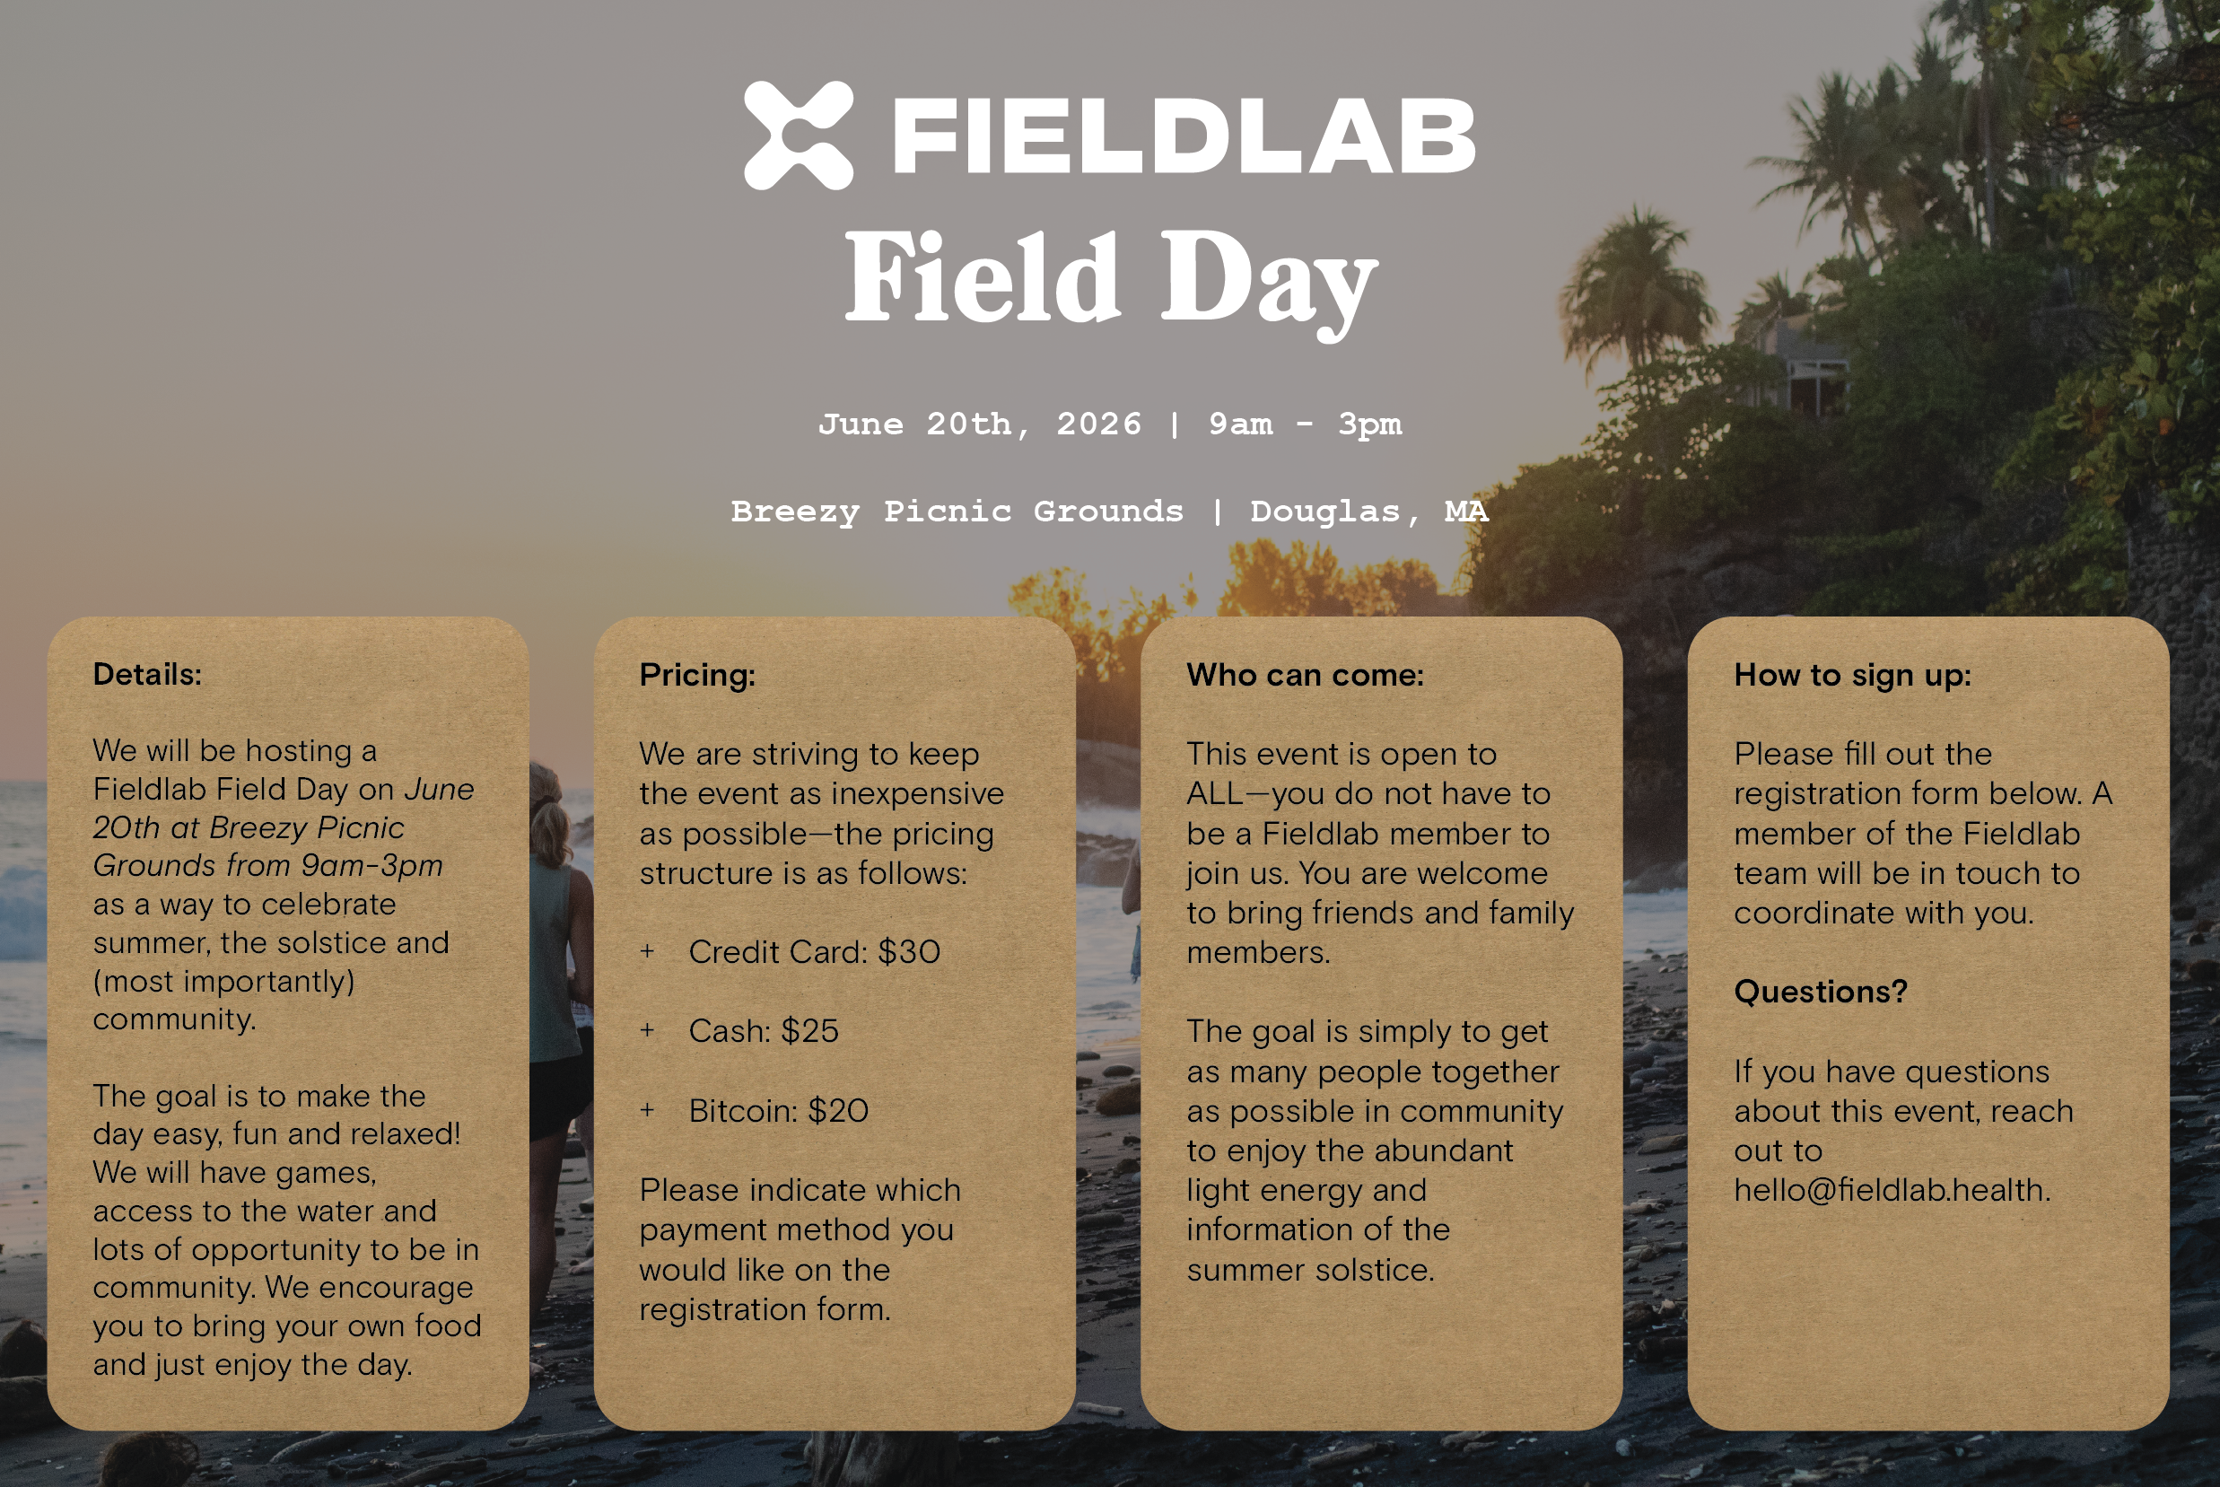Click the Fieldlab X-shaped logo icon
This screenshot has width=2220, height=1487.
(799, 136)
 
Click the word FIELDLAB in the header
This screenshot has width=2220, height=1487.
(1184, 136)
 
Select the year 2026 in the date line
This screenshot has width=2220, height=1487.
(1098, 424)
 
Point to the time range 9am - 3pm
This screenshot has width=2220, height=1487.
(1305, 424)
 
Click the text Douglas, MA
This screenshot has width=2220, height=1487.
(1369, 512)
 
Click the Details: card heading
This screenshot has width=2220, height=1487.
(147, 674)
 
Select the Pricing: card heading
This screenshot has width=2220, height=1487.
(697, 674)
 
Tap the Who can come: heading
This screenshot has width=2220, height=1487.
(1305, 674)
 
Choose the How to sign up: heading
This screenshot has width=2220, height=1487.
(1852, 674)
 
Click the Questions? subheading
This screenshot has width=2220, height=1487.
(1820, 991)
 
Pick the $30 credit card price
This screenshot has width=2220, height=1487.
(908, 951)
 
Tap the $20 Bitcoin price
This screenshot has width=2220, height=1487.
(837, 1110)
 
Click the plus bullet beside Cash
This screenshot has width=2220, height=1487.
(647, 1030)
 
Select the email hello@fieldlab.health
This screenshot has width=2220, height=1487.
(1892, 1189)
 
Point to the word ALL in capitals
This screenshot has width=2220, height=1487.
(1215, 794)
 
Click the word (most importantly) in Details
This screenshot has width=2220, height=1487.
(223, 981)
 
